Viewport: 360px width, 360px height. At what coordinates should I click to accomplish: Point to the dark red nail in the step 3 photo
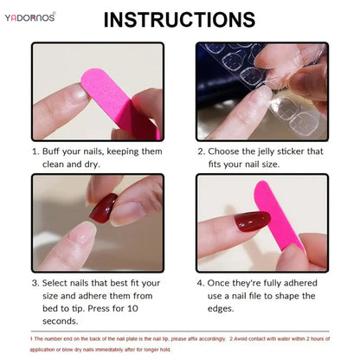coord(103,208)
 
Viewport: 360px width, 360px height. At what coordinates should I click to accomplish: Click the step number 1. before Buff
coord(37,151)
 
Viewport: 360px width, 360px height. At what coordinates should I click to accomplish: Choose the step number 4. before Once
coord(201,283)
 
